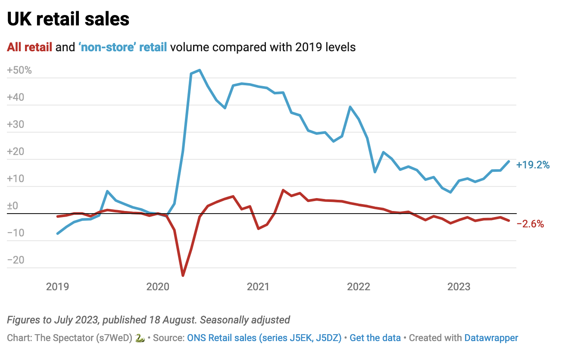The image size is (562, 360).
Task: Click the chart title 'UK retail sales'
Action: [x=68, y=19]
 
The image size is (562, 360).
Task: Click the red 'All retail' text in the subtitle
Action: [x=30, y=47]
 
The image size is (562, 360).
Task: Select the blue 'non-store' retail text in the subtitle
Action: [x=122, y=47]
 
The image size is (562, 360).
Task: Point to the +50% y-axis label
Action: [x=19, y=70]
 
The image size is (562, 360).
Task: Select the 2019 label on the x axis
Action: [x=57, y=286]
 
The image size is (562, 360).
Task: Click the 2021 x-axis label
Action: [x=259, y=286]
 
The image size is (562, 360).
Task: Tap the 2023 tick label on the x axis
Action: [x=459, y=286]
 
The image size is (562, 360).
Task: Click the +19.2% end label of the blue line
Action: [x=533, y=164]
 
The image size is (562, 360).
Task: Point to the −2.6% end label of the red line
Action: [x=530, y=224]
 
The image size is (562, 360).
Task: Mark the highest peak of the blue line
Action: [x=199, y=70]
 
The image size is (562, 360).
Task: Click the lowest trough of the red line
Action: [x=183, y=275]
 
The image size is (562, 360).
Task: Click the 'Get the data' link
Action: [x=375, y=338]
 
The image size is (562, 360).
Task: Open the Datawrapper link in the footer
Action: [x=491, y=338]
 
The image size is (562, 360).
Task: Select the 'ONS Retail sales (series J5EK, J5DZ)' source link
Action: [x=264, y=338]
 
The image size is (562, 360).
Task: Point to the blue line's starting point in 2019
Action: [x=58, y=233]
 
